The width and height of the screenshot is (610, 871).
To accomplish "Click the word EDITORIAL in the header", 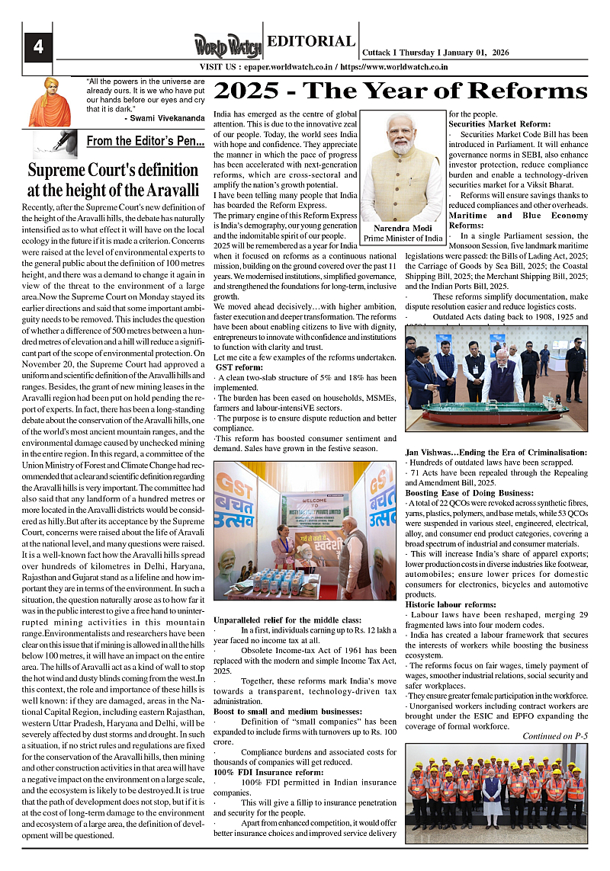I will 311,42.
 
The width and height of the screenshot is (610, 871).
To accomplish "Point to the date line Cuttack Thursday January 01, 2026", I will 436,52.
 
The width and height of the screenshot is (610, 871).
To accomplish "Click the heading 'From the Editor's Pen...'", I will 145,141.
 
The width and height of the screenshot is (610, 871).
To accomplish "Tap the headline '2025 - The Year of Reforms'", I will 401,91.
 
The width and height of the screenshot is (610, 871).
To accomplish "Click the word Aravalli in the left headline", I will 163,189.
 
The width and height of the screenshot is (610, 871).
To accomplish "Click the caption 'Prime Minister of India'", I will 403,239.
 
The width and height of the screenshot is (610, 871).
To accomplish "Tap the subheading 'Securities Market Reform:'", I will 499,123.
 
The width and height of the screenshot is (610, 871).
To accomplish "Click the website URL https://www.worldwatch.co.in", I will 393,67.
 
